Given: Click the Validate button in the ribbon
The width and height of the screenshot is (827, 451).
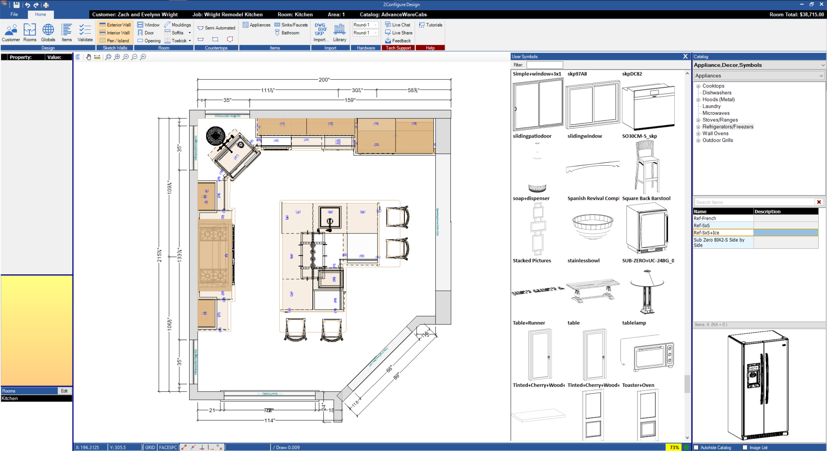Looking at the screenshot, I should (85, 33).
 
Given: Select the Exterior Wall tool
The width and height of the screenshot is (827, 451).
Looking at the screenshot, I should (115, 25).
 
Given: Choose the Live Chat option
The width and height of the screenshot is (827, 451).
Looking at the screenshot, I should (398, 25).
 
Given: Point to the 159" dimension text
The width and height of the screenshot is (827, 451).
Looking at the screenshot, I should (350, 100).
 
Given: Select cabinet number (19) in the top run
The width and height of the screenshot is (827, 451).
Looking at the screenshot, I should (414, 124).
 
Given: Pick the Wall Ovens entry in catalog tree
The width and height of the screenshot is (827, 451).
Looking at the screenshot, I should (715, 133).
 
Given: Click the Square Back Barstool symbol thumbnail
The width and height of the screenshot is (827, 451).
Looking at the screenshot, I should (647, 167).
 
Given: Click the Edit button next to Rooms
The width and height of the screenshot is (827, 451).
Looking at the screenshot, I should (64, 391).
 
